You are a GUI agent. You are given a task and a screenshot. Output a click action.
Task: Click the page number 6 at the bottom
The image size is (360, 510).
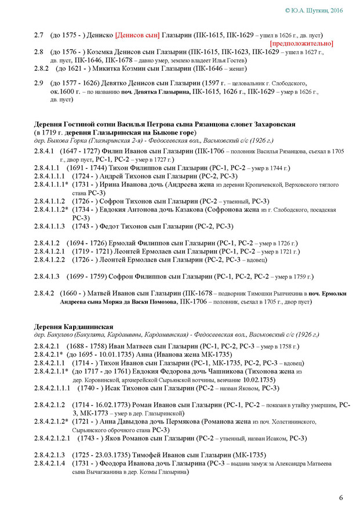tap(340, 498)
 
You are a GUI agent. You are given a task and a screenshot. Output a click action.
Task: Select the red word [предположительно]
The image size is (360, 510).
tap(301, 44)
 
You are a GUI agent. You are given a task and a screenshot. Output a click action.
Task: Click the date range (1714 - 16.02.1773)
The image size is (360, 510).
tap(103, 404)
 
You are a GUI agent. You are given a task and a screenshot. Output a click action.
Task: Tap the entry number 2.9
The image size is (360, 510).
tap(39, 83)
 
